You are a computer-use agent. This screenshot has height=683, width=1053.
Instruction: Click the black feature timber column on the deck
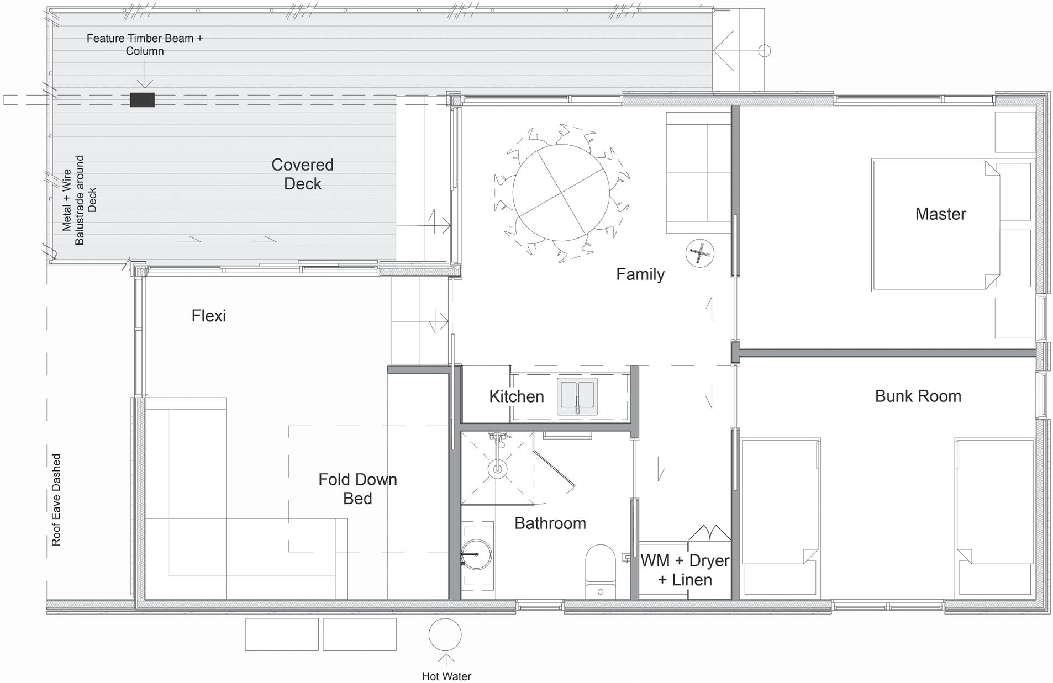point(142,100)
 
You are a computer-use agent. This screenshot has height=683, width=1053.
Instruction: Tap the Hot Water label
point(446,676)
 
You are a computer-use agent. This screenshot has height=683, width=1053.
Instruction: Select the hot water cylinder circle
point(445,634)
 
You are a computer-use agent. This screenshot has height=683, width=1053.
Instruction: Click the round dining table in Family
point(561,192)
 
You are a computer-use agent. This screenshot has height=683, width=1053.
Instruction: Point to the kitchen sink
point(577,396)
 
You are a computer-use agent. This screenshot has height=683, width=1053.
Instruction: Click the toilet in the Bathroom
point(601,571)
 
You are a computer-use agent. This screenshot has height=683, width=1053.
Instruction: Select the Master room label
point(940,214)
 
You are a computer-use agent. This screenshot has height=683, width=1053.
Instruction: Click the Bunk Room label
point(918,396)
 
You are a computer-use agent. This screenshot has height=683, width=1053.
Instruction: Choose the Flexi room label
point(209,316)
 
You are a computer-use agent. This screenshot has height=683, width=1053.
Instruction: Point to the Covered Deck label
point(303,174)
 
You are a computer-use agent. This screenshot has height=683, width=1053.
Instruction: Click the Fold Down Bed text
point(357,489)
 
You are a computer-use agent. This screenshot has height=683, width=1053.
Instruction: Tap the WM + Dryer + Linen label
point(685,570)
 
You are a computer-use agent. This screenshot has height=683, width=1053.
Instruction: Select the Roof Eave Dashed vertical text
point(56,500)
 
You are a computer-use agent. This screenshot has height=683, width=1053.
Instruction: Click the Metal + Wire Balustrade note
point(80,200)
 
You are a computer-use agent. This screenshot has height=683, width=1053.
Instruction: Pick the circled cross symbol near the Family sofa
point(700,254)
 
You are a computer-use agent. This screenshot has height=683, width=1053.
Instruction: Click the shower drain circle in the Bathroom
point(497,469)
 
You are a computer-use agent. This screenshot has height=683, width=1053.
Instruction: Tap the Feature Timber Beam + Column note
point(145,44)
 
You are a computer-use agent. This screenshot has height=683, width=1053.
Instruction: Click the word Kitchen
point(517,396)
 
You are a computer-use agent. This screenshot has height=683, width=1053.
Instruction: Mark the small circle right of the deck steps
point(764,51)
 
